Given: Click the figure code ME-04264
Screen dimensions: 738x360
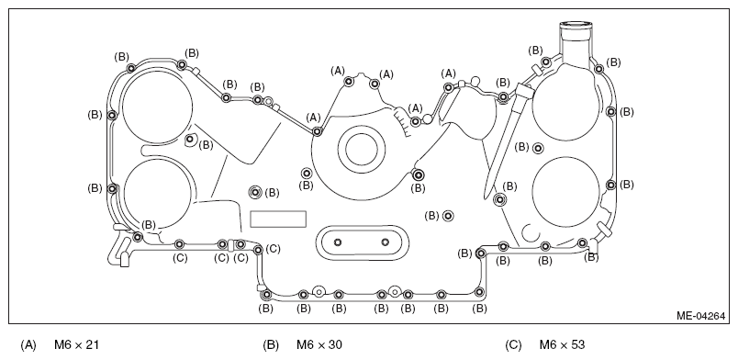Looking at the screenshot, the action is click(700, 316).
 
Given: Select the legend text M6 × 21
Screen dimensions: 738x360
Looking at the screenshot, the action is click(77, 345).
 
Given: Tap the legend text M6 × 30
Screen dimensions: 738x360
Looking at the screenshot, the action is click(319, 345).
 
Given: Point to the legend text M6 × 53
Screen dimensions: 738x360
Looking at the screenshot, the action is click(562, 345).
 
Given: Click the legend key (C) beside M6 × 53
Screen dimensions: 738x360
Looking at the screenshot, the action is click(513, 345).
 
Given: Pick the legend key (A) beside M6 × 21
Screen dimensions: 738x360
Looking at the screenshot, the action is click(28, 345).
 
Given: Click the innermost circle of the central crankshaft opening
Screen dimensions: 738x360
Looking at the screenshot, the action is click(361, 150).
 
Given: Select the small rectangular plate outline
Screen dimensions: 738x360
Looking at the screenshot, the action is click(278, 219).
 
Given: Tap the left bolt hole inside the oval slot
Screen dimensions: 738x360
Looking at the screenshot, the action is click(338, 242).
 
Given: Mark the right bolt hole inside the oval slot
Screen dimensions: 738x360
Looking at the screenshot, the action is click(386, 242).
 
